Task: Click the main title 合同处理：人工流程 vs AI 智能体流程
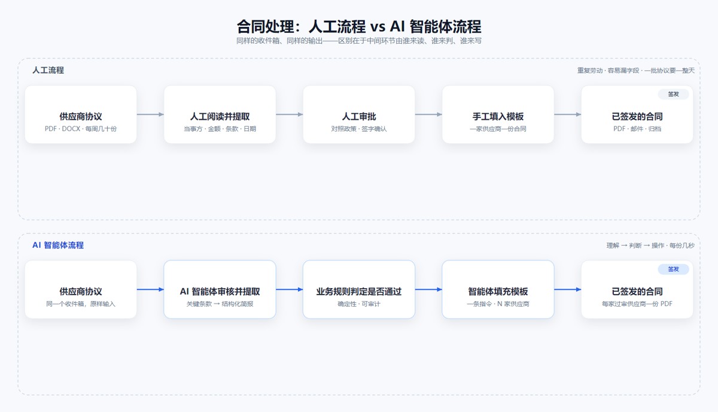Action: [359, 26]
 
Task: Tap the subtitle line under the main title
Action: [359, 41]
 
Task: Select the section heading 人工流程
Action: [48, 70]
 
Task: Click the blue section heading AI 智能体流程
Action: [58, 245]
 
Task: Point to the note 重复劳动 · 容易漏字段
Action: [608, 70]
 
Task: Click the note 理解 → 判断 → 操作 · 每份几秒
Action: [650, 246]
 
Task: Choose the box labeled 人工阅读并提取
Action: [220, 114]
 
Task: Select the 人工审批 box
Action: [359, 114]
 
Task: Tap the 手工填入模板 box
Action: [498, 114]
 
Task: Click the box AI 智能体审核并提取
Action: [220, 289]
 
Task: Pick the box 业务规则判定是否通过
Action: [359, 289]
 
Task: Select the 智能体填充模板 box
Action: [498, 289]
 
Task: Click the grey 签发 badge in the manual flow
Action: [674, 94]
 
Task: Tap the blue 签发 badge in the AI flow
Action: [674, 269]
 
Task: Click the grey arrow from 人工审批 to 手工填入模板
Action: [428, 114]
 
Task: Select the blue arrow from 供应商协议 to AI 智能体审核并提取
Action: [150, 289]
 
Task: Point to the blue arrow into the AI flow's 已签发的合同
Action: [568, 289]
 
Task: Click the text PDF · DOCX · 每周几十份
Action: [81, 129]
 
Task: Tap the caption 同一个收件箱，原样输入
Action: [81, 304]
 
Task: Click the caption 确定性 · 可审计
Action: [359, 304]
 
